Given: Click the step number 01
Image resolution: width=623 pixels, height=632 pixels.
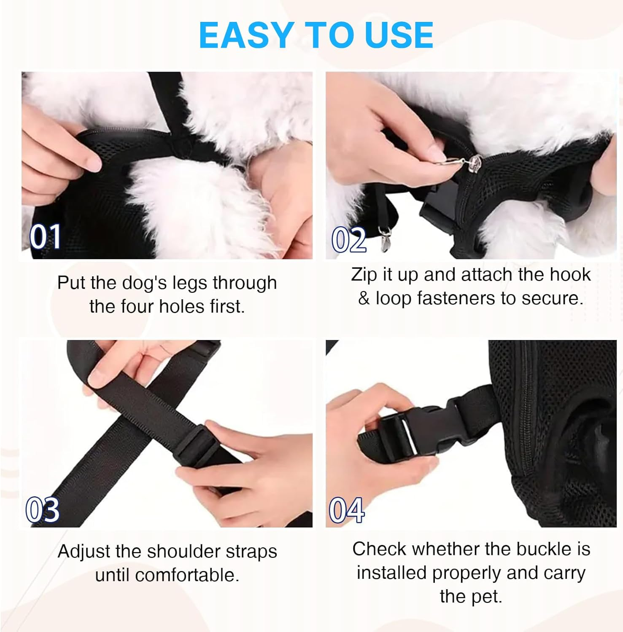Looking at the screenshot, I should (45, 237).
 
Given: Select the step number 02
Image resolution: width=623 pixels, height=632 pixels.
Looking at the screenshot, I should (349, 240).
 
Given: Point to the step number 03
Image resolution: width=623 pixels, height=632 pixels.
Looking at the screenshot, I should (43, 510).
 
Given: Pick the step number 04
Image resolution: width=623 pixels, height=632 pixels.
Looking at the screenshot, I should (346, 510).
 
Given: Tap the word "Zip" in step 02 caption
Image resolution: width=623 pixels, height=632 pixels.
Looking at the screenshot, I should (364, 275).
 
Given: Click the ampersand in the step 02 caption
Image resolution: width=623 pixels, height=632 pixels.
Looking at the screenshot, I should (364, 298).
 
